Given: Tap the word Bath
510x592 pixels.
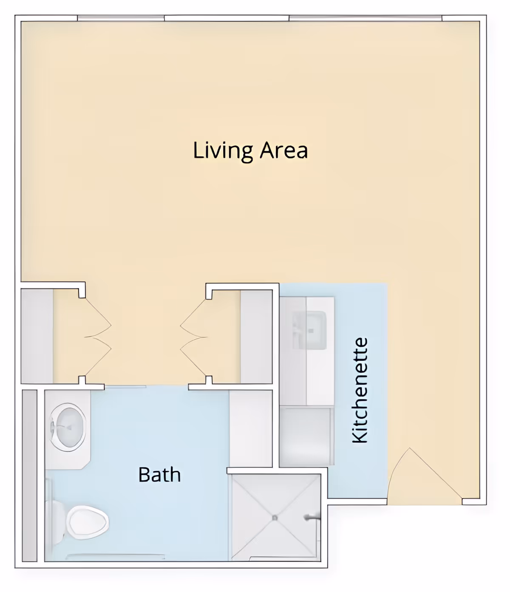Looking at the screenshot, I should [159, 474].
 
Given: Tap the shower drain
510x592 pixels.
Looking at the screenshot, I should [275, 518].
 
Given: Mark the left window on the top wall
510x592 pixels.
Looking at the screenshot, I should [121, 18].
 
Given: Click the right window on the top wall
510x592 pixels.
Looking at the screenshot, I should [365, 18].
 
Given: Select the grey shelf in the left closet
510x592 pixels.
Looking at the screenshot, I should [37, 336].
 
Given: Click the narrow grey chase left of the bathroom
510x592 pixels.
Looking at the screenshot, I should [29, 476].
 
